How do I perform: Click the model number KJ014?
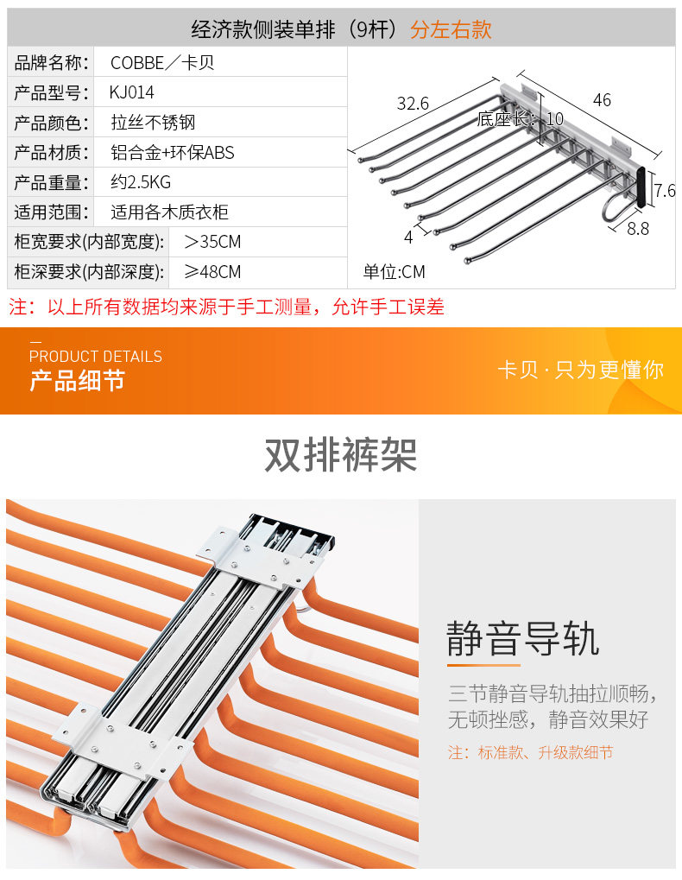coord(131,92)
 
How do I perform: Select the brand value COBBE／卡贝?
coord(162,63)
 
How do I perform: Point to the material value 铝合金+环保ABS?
coord(173,153)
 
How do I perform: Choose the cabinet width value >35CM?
coord(212,242)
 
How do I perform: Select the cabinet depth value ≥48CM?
coord(212,272)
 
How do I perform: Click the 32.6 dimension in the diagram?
coord(413,104)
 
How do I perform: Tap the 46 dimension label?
coord(602,100)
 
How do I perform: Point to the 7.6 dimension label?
coord(664,191)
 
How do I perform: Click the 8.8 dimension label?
coord(637,229)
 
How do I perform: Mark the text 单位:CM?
coord(394,272)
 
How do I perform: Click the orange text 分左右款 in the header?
coord(451,29)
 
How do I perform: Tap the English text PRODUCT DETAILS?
coord(96,357)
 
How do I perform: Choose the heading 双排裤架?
coord(341,455)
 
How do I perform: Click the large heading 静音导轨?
coord(522,641)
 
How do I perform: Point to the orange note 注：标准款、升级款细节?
coord(530,753)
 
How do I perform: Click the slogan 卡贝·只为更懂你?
coord(580,370)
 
